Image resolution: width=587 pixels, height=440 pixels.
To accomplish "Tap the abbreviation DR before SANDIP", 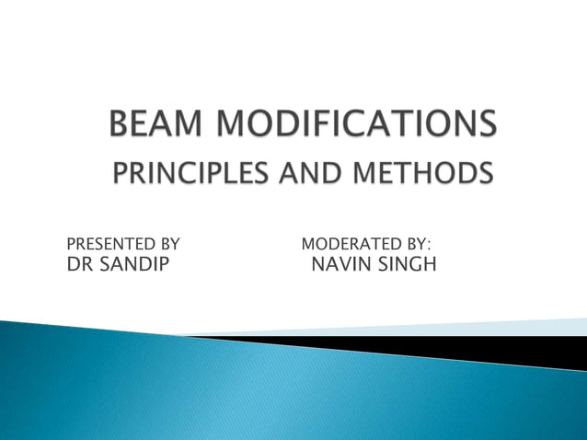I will coord(80,266).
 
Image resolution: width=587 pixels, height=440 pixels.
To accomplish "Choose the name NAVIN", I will coord(341,266).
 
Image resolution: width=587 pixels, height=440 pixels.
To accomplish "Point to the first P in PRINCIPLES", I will coord(119,173).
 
